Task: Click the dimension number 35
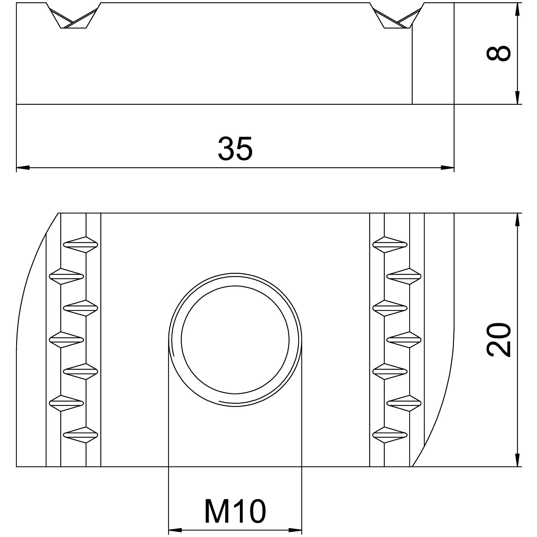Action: (x=235, y=148)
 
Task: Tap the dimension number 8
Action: (x=498, y=53)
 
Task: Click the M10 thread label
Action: (x=235, y=511)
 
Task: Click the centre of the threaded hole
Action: (x=235, y=339)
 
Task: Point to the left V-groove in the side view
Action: (x=74, y=15)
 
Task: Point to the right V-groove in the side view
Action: (x=397, y=15)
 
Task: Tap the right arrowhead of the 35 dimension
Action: (x=447, y=167)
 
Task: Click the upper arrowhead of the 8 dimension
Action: (x=517, y=10)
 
